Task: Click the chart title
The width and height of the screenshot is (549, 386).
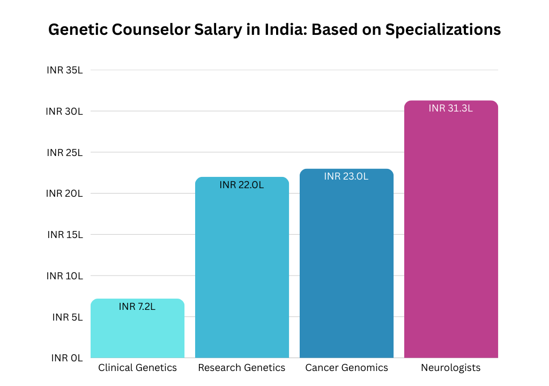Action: [274, 29]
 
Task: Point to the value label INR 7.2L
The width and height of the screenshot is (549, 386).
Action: [137, 307]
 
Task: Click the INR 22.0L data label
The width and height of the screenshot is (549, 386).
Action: [242, 185]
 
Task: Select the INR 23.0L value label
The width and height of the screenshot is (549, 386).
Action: [346, 176]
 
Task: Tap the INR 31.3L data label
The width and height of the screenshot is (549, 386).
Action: [451, 108]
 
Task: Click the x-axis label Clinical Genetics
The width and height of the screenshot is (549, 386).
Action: [137, 368]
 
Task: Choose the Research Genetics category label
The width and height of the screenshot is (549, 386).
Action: [242, 368]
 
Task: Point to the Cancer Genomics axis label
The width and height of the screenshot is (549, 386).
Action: [346, 368]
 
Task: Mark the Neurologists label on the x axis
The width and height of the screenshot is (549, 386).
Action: [451, 368]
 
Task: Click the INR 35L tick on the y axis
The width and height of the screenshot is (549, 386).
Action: [64, 70]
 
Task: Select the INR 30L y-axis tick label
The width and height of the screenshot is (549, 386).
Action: [64, 112]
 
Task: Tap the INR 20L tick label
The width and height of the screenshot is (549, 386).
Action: [64, 194]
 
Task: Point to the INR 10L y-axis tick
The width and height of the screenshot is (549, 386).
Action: [65, 276]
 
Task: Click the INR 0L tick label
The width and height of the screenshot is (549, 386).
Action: [67, 358]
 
